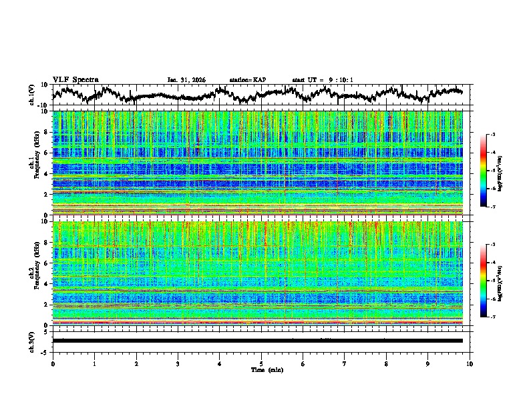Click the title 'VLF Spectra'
pyautogui.click(x=75, y=79)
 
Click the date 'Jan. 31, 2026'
pyautogui.click(x=186, y=80)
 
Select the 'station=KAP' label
pyautogui.click(x=247, y=80)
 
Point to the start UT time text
pyautogui.click(x=323, y=80)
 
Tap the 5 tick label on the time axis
pyautogui.click(x=261, y=363)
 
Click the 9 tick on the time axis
pyautogui.click(x=428, y=363)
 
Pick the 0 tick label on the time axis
pyautogui.click(x=53, y=363)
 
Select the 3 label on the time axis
pyautogui.click(x=178, y=363)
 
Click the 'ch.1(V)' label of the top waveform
pyautogui.click(x=32, y=95)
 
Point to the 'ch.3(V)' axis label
pyautogui.click(x=32, y=340)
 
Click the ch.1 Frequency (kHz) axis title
pyautogui.click(x=33, y=163)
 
